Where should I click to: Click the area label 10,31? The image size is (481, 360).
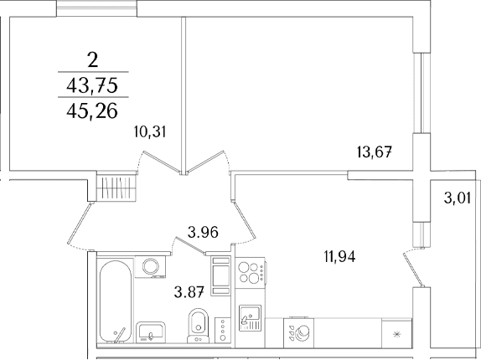pos(150,132)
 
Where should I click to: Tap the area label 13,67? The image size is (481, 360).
pos(375,152)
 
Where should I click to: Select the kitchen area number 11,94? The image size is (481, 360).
pos(340,256)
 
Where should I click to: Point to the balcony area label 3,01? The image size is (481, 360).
pos(457,198)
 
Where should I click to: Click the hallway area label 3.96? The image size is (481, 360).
pos(203,232)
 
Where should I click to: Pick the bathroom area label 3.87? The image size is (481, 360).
pos(189,291)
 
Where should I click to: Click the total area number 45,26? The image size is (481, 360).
pos(92,111)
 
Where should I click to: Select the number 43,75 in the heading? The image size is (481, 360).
pos(92,85)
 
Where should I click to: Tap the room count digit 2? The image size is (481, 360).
pos(93,60)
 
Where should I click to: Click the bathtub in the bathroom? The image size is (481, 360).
pos(116,301)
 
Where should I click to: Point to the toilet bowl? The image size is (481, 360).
pos(198,326)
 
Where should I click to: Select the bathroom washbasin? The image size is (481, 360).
pos(151,332)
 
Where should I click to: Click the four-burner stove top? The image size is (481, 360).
pos(250,272)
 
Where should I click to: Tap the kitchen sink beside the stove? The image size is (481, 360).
pos(250,318)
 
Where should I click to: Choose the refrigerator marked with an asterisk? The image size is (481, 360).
pos(396,333)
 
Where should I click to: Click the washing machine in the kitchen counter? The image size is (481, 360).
pos(299,333)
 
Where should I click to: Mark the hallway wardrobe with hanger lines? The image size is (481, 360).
pos(116,188)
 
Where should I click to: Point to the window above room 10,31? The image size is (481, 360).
pos(96,8)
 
